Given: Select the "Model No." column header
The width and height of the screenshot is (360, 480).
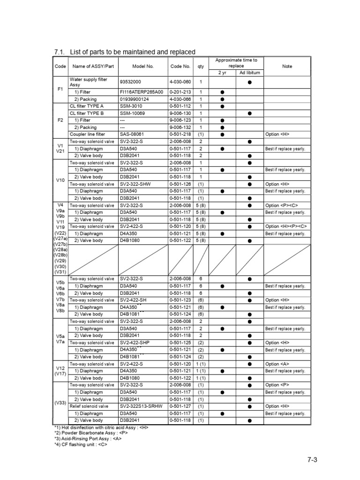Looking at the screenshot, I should tap(143, 67).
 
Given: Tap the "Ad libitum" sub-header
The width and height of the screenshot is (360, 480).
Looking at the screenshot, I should tap(249, 73).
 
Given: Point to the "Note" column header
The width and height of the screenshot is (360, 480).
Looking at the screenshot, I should tap(287, 67).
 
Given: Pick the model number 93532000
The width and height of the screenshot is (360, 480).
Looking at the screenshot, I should tap(132, 82).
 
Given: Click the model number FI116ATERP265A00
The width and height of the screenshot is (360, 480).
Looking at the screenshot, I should tap(141, 92).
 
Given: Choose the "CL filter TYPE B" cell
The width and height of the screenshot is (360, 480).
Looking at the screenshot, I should tap(87, 113).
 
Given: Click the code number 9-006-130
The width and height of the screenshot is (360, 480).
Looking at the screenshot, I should tap(180, 113).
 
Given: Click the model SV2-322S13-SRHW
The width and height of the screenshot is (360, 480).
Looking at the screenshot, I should tap(141, 406).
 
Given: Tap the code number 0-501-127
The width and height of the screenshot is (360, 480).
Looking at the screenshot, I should tap(180, 406).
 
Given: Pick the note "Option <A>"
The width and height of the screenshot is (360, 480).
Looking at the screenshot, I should tap(277, 364).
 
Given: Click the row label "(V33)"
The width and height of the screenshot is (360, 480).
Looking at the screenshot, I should tap(60, 403).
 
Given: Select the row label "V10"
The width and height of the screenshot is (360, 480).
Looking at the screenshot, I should tap(60, 180).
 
